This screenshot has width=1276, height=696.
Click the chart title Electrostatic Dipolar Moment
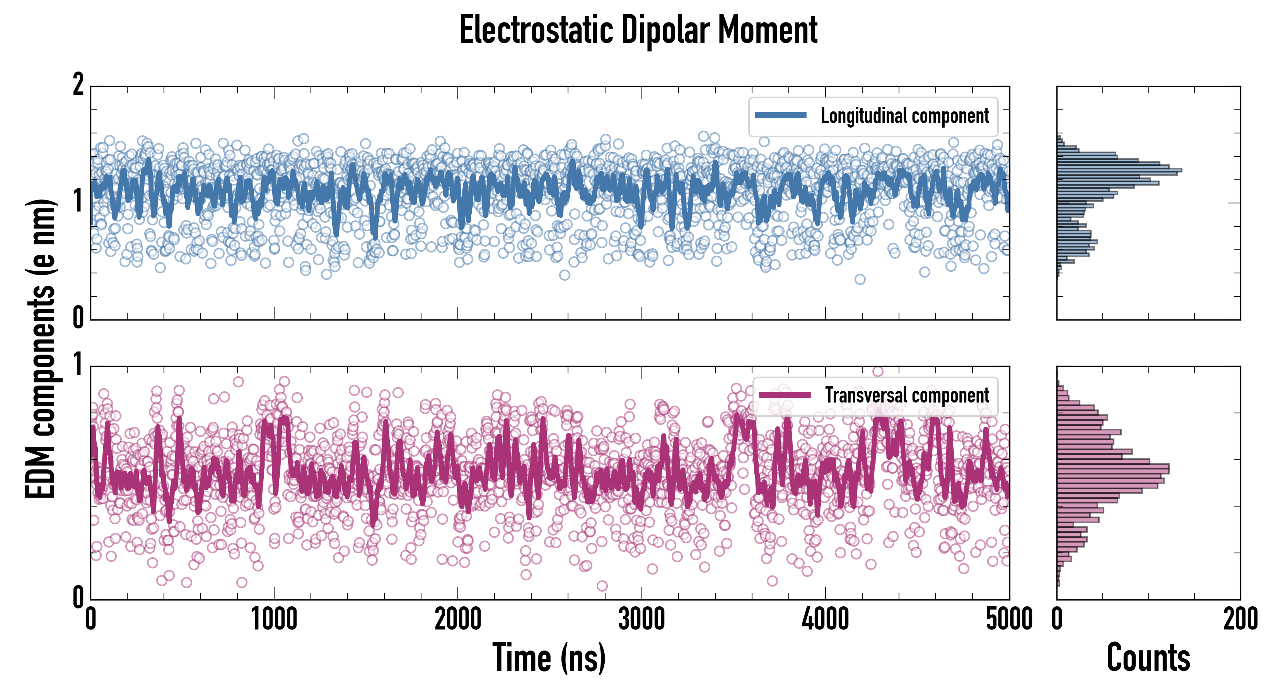638,31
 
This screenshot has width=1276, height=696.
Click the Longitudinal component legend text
904,116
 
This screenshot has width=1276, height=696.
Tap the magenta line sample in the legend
785,395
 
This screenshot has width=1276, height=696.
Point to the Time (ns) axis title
549,658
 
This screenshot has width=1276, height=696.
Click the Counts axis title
1148,658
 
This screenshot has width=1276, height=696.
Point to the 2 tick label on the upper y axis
78,85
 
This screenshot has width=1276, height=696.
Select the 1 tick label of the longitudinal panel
78,201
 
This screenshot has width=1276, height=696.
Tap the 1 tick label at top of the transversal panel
78,365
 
